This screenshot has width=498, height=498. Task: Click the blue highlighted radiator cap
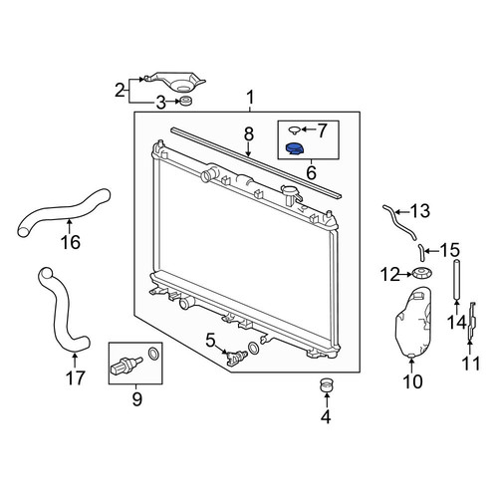tap(295, 148)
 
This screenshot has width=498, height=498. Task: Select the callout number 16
tap(71, 242)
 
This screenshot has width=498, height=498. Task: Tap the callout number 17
tap(76, 377)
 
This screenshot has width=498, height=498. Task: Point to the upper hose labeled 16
tap(63, 211)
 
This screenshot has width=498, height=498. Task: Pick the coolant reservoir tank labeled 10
tap(413, 322)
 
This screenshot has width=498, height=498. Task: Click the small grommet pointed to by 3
tap(186, 101)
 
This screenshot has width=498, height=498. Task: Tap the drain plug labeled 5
tap(236, 357)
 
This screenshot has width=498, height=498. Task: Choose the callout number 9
tap(136, 399)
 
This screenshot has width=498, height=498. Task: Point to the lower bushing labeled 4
tap(327, 384)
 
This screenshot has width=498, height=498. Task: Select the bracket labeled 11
tap(472, 321)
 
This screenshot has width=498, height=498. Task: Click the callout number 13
tap(420, 211)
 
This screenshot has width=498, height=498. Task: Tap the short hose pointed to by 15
tap(421, 252)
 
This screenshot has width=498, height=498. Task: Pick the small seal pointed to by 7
tap(294, 129)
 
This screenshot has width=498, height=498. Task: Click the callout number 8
tap(249, 134)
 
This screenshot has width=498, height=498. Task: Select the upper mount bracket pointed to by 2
tap(174, 81)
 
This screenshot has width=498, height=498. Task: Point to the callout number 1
tap(250, 98)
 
